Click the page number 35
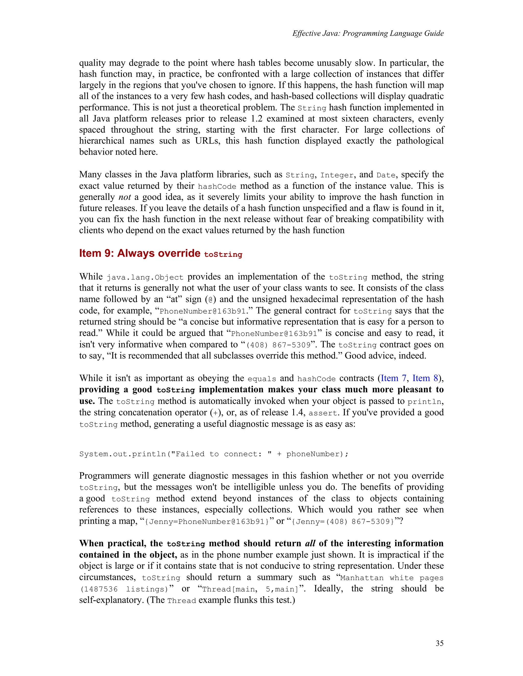click(x=439, y=643)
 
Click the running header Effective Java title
click(x=368, y=33)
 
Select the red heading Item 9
click(x=160, y=253)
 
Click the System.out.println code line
click(x=214, y=454)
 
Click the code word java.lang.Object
click(x=145, y=277)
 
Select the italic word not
click(x=125, y=197)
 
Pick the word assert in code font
click(x=323, y=413)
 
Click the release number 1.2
click(x=256, y=119)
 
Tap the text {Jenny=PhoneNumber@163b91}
click(x=207, y=522)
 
